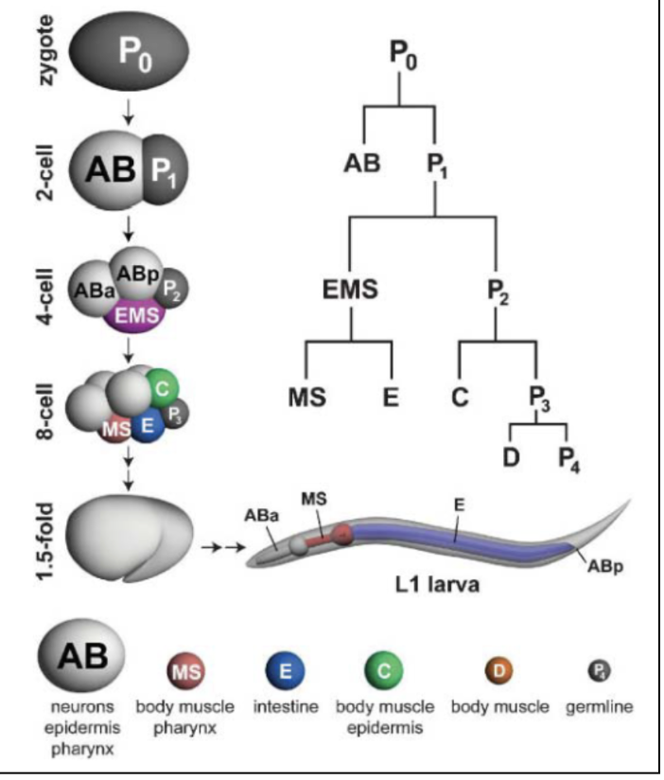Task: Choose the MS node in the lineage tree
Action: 306,397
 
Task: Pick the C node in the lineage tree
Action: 460,397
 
